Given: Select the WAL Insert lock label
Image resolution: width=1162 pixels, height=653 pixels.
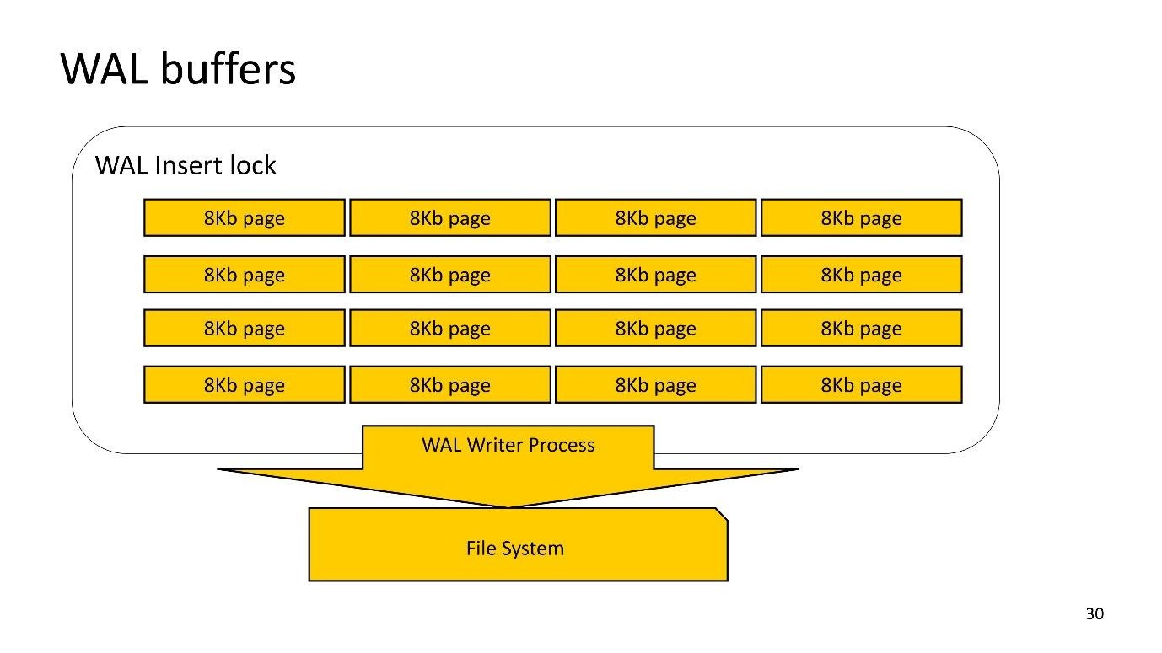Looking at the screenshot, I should pos(186,165).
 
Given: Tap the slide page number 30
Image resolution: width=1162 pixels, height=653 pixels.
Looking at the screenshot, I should pos(1094,614).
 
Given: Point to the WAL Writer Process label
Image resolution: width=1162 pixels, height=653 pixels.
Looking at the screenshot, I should pos(508,445).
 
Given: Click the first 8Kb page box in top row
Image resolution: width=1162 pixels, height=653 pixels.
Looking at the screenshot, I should pos(245,218).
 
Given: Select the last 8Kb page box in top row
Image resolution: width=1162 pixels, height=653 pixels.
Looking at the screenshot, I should pos(861,218).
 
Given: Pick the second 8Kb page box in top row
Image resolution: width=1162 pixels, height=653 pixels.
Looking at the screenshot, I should pos(449,218).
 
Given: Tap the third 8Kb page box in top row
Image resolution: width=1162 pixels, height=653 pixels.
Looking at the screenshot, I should pos(655,218).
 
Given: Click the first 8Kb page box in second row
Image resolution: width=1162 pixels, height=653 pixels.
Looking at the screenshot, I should pos(245,275).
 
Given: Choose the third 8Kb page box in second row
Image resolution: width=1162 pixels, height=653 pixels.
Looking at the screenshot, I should pos(655,275).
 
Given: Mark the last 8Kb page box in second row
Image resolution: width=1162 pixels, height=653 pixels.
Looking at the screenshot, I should pos(861,275).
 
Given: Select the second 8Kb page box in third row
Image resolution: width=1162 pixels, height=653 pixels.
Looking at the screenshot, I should pos(449,329).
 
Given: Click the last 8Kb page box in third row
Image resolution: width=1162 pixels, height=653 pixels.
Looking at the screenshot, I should pos(861,329).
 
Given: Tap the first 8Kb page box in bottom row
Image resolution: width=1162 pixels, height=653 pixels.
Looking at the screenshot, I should pos(245,385).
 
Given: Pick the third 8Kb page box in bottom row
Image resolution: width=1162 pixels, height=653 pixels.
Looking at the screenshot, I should pos(655,385).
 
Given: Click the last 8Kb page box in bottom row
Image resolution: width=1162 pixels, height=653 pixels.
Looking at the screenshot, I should pos(861,385).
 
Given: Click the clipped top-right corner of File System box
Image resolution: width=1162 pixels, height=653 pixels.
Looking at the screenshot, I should pos(721,514).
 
